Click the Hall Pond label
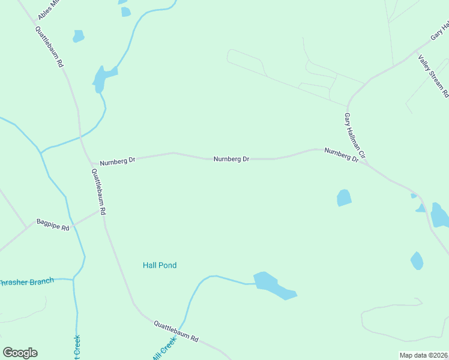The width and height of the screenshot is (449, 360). (160, 265)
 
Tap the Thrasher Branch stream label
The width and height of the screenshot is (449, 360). (27, 281)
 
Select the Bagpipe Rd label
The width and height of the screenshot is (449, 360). (53, 225)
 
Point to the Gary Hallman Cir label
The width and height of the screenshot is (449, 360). (355, 136)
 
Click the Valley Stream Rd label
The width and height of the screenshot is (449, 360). (433, 76)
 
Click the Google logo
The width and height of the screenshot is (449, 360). (20, 353)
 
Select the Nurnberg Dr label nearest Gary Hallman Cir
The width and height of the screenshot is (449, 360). (341, 155)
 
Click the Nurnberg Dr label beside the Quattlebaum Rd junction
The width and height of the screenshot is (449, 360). (118, 161)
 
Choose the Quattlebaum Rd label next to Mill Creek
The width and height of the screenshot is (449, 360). (176, 331)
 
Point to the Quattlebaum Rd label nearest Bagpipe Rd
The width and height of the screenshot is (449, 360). (99, 192)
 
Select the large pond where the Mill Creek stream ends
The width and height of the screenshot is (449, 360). (273, 285)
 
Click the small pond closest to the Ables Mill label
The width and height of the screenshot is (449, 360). (78, 36)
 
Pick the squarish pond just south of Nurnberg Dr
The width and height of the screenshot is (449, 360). (344, 197)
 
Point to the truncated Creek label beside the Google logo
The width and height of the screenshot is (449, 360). (77, 347)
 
